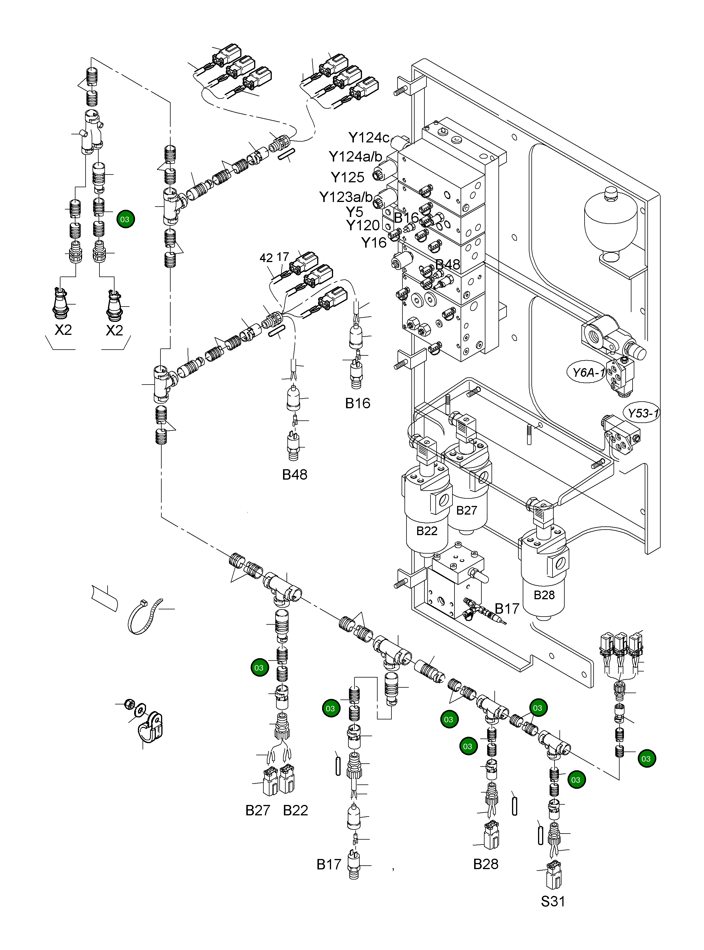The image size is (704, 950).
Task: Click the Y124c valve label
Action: pos(369,138)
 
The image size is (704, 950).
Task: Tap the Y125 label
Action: pos(347,177)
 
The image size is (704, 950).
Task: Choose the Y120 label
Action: pos(362,225)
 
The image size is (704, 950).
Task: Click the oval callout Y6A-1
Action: pos(588,373)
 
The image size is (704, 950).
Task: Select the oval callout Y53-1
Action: pos(643,413)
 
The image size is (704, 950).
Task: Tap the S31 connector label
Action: pos(553,901)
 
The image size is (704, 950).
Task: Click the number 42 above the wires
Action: pos(266,258)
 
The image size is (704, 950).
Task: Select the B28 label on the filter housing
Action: pos(544,595)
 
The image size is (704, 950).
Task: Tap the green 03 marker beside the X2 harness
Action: pos(125,219)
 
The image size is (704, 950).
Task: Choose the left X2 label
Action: pos(63,330)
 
